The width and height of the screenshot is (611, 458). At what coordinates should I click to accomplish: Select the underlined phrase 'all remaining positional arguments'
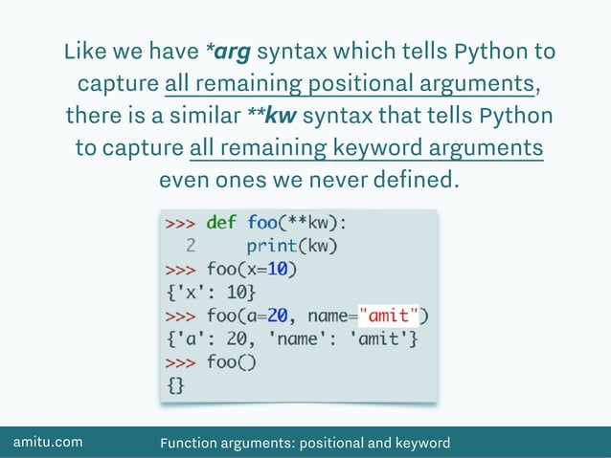350,83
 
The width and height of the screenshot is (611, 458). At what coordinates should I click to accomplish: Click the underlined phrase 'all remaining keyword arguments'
367,148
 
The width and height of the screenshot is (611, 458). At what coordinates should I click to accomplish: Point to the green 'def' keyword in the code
221,223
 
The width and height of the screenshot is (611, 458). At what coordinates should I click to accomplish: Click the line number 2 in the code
192,246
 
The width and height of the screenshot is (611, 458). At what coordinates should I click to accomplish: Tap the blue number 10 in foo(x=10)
282,269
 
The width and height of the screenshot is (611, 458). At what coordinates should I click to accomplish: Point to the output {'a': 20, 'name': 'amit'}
291,338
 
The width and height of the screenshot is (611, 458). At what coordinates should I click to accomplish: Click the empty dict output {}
176,384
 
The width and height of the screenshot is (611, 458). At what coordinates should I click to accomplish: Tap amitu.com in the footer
47,442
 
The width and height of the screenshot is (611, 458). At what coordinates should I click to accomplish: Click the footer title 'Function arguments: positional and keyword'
305,443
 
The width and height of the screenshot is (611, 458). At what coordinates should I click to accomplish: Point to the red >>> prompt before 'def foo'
181,223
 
